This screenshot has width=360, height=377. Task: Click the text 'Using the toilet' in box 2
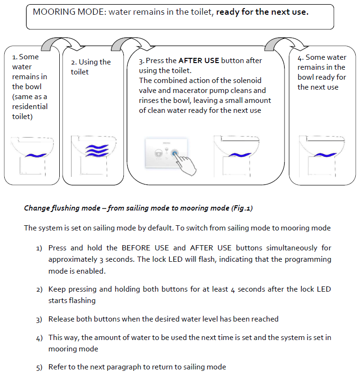point(90,67)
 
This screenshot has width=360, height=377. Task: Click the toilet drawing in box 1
point(31,154)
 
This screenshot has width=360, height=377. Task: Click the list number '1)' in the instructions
point(39,248)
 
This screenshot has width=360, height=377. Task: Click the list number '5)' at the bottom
point(39,368)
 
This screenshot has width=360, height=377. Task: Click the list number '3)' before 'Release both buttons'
point(39,320)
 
